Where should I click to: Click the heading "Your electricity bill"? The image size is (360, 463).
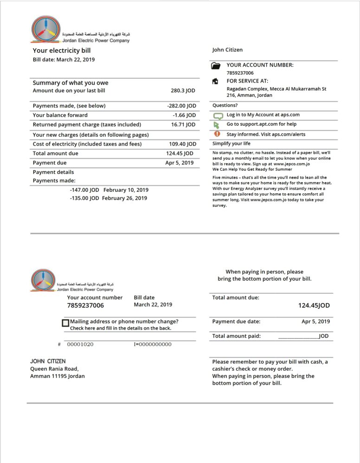coord(62,51)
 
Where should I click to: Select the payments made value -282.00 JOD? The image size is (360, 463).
coord(181,106)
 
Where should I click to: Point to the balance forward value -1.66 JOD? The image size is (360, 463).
coord(184,115)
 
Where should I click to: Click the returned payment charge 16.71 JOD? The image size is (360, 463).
coord(183,125)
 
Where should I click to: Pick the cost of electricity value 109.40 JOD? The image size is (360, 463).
coord(181,144)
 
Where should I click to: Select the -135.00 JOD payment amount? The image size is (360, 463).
coord(84,198)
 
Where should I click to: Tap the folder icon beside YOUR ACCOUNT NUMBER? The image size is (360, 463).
coord(216,66)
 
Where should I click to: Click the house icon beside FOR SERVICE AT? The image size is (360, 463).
coord(215,81)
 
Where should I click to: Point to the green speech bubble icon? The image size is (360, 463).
coord(217,115)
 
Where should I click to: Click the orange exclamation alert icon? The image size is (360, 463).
coord(217,134)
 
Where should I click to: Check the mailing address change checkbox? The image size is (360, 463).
coord(65,323)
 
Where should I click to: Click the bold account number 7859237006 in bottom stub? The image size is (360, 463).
coord(85,305)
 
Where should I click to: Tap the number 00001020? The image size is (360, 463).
coord(80,344)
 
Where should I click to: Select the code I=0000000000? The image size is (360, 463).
coord(152,344)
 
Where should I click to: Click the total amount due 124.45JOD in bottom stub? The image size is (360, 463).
coord(314,305)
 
